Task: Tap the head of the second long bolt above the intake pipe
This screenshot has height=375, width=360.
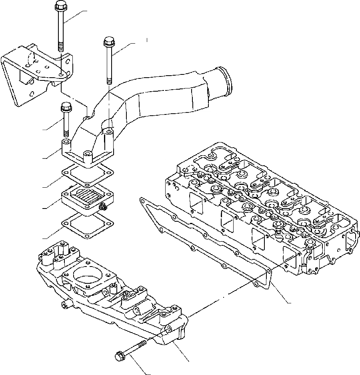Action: pos(108,41)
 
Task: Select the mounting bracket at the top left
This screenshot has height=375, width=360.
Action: pos(36,76)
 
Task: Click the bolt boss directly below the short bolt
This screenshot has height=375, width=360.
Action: pos(66,143)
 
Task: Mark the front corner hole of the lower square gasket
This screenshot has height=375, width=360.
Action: pos(87,237)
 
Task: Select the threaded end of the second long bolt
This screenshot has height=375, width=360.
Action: pos(108,80)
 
